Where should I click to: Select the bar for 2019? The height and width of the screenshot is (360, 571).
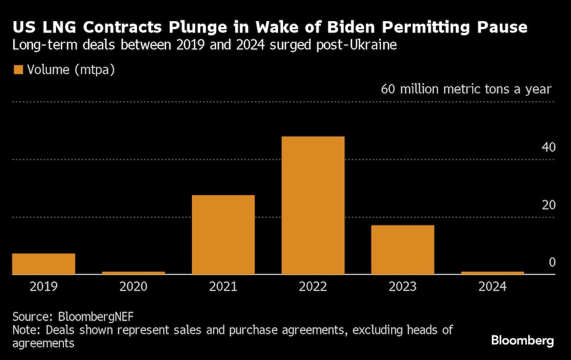pyautogui.click(x=43, y=264)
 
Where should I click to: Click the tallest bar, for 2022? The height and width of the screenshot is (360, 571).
pyautogui.click(x=313, y=205)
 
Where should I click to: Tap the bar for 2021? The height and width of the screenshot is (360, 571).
pyautogui.click(x=223, y=234)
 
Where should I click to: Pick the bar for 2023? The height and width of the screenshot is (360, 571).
pyautogui.click(x=403, y=250)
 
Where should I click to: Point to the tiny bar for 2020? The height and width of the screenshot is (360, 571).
pyautogui.click(x=134, y=273)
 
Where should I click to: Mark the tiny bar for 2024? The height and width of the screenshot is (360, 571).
pyautogui.click(x=492, y=273)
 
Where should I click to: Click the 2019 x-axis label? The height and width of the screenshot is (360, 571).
pyautogui.click(x=43, y=286)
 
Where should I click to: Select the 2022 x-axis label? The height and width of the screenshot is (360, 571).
pyautogui.click(x=313, y=286)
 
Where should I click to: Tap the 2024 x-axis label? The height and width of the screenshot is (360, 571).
pyautogui.click(x=492, y=286)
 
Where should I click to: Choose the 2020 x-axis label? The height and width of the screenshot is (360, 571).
pyautogui.click(x=134, y=286)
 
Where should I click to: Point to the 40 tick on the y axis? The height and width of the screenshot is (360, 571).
pyautogui.click(x=548, y=147)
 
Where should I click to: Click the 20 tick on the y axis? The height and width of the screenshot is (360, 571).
pyautogui.click(x=548, y=205)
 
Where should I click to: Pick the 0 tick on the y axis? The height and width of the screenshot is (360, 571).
pyautogui.click(x=552, y=262)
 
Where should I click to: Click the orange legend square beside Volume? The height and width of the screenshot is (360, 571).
pyautogui.click(x=18, y=70)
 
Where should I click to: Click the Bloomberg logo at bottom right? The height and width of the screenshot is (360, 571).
pyautogui.click(x=522, y=341)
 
